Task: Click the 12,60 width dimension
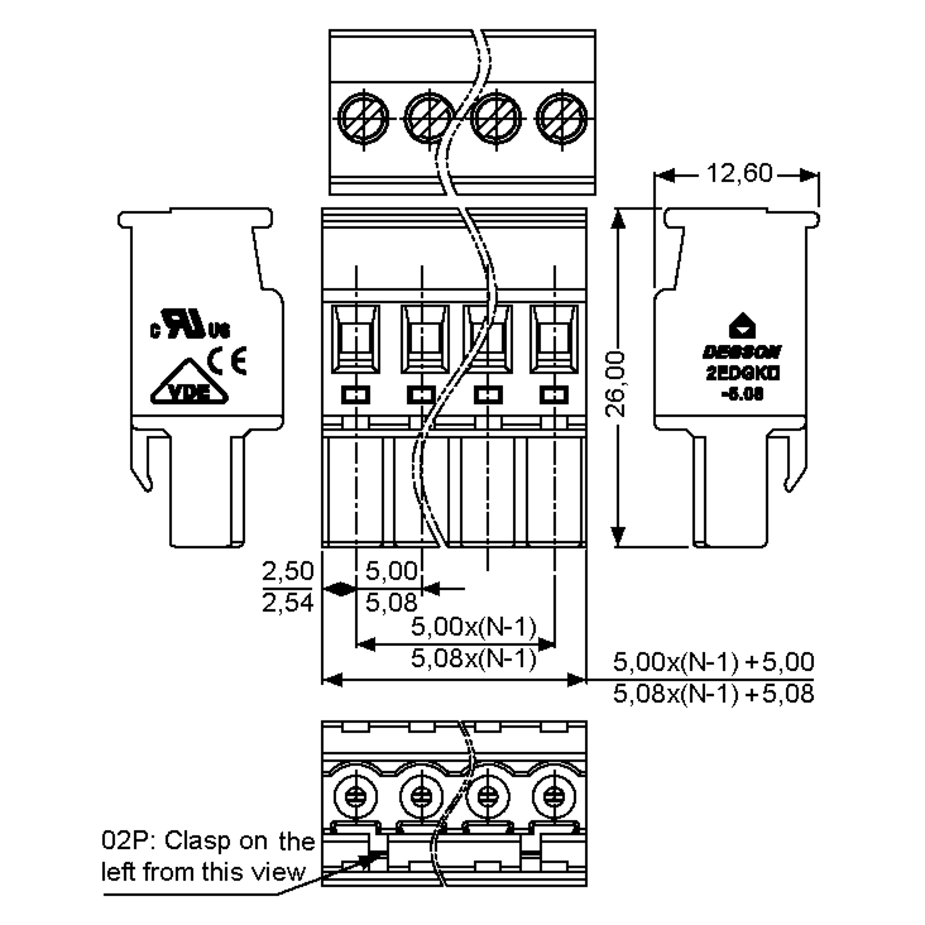tap(739, 173)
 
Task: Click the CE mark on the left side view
tap(227, 361)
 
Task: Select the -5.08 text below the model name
tap(742, 395)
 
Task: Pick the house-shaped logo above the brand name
tap(742, 326)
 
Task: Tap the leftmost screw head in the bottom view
tap(355, 797)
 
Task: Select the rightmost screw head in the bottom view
tap(554, 797)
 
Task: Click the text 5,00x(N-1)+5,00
tap(713, 662)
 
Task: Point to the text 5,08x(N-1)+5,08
tap(713, 694)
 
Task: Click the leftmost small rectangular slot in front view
tap(355, 395)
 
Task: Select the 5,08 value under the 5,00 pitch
tap(391, 602)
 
